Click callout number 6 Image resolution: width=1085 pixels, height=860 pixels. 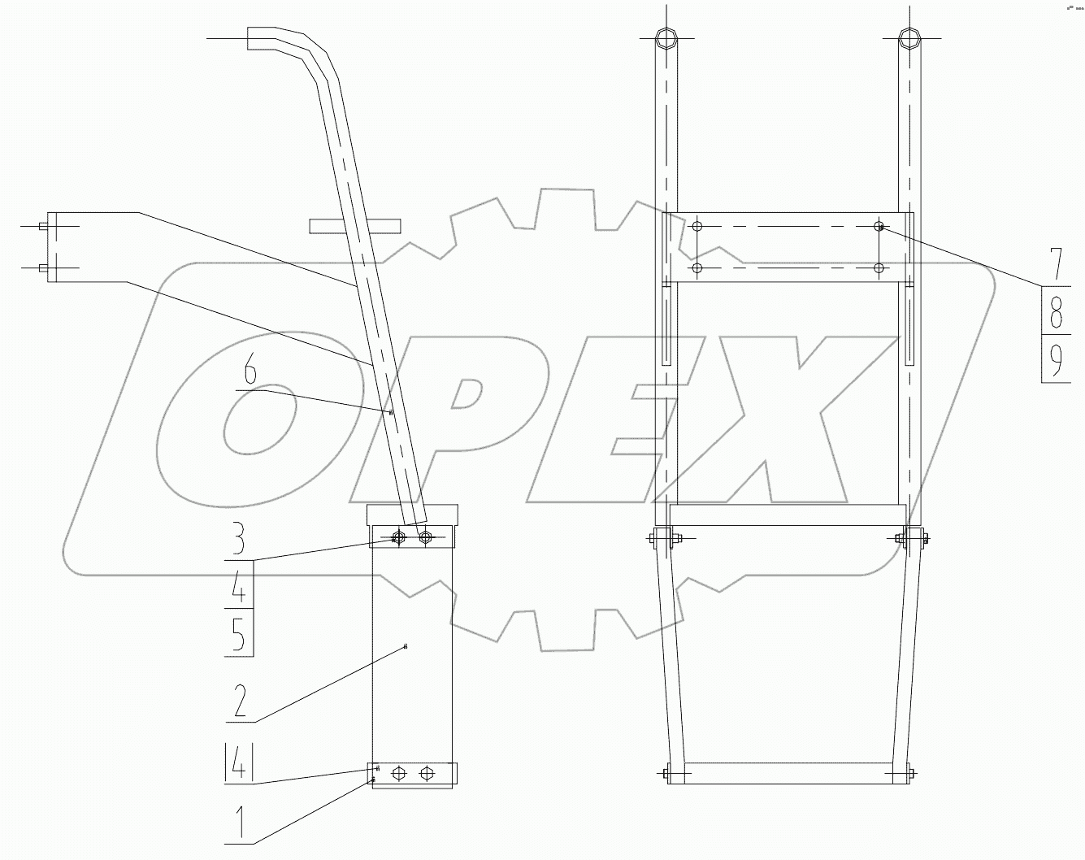pyautogui.click(x=250, y=373)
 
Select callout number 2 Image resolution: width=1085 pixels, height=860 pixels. pyautogui.click(x=239, y=701)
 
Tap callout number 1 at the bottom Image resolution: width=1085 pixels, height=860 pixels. pyautogui.click(x=239, y=823)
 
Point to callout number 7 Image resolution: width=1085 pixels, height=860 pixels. pyautogui.click(x=1055, y=264)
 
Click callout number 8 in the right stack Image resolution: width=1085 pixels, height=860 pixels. pyautogui.click(x=1055, y=311)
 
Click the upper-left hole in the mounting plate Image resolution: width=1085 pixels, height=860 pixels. pyautogui.click(x=696, y=227)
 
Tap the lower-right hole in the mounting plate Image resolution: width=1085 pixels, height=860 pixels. pyautogui.click(x=879, y=267)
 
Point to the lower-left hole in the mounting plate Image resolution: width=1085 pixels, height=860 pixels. pyautogui.click(x=696, y=267)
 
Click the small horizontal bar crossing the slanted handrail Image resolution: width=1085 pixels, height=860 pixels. pyautogui.click(x=355, y=225)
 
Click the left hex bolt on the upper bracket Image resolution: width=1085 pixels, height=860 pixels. pyautogui.click(x=398, y=537)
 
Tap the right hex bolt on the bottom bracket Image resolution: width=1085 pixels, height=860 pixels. pyautogui.click(x=425, y=773)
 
